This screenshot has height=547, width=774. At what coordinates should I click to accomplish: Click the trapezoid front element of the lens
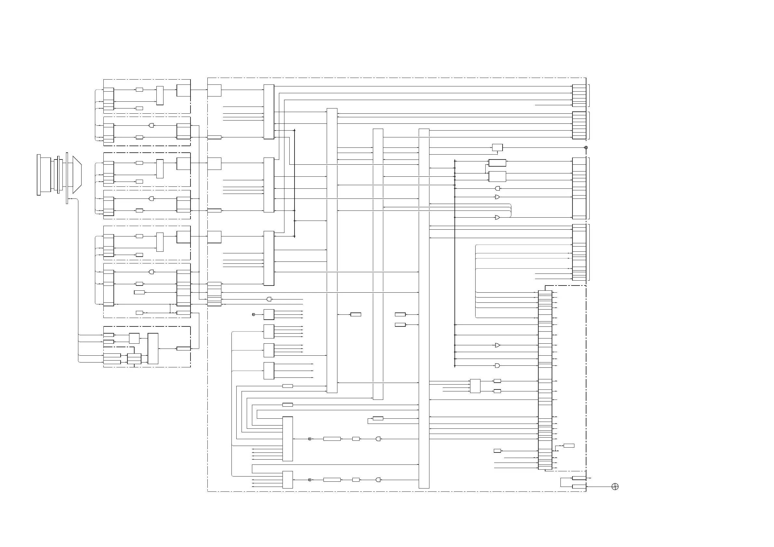pos(77,174)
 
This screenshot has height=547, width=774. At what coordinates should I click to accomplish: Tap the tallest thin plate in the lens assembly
pos(67,178)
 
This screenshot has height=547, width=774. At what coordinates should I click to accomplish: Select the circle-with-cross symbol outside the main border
pos(615,487)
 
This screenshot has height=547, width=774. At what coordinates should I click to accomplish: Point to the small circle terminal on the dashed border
pos(586,147)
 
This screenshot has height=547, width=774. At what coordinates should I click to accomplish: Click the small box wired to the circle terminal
pos(497,147)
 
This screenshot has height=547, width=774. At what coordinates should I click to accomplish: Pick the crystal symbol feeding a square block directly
pos(254,315)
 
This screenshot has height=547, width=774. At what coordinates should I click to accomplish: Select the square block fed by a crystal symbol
pos(269,315)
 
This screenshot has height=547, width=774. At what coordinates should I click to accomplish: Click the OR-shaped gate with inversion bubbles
pos(497,197)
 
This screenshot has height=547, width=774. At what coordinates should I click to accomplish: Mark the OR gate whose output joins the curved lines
pos(497,218)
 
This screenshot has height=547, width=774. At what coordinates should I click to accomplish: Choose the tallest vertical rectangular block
pos(424,308)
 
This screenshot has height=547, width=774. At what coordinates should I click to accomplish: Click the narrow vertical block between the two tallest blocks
pos(378,264)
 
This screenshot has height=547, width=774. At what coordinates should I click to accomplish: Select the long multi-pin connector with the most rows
pos(545,380)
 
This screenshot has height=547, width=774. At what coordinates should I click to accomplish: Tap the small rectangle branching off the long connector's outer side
pos(569,446)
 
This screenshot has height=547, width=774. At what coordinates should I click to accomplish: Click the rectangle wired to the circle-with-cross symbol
pos(579,487)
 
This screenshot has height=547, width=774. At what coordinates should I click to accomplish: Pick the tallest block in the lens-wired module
pos(153,349)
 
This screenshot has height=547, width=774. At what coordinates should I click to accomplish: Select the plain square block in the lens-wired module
pos(134,338)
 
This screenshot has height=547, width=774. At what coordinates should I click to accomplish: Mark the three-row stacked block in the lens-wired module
pos(134,359)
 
